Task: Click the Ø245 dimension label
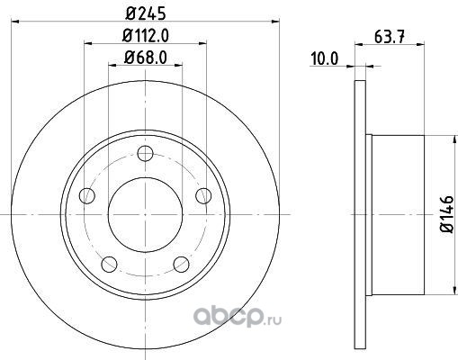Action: (146, 13)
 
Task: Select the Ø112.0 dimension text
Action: (146, 36)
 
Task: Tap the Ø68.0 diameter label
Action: (146, 57)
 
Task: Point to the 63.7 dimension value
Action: (390, 37)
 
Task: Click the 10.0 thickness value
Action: (324, 58)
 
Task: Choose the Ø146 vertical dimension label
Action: (446, 213)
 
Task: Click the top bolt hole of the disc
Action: (145, 153)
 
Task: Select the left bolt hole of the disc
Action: (87, 195)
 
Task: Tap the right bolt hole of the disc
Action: (203, 195)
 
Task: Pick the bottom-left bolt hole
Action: (109, 265)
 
